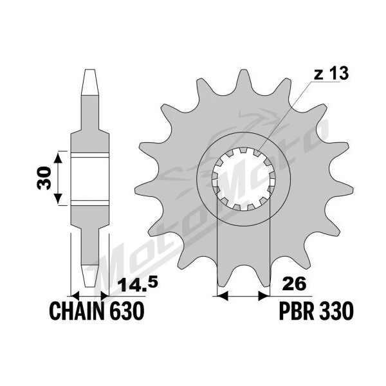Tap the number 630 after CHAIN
[127, 311]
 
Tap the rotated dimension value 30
[44, 178]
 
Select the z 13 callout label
[331, 73]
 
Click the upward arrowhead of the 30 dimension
[58, 158]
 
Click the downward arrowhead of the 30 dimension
[58, 199]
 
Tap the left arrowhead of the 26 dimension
[223, 295]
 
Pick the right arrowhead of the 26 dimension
[264, 295]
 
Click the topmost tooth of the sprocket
[243, 78]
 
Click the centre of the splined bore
[243, 179]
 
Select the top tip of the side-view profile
[89, 70]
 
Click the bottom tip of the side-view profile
[89, 286]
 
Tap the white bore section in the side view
[90, 179]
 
